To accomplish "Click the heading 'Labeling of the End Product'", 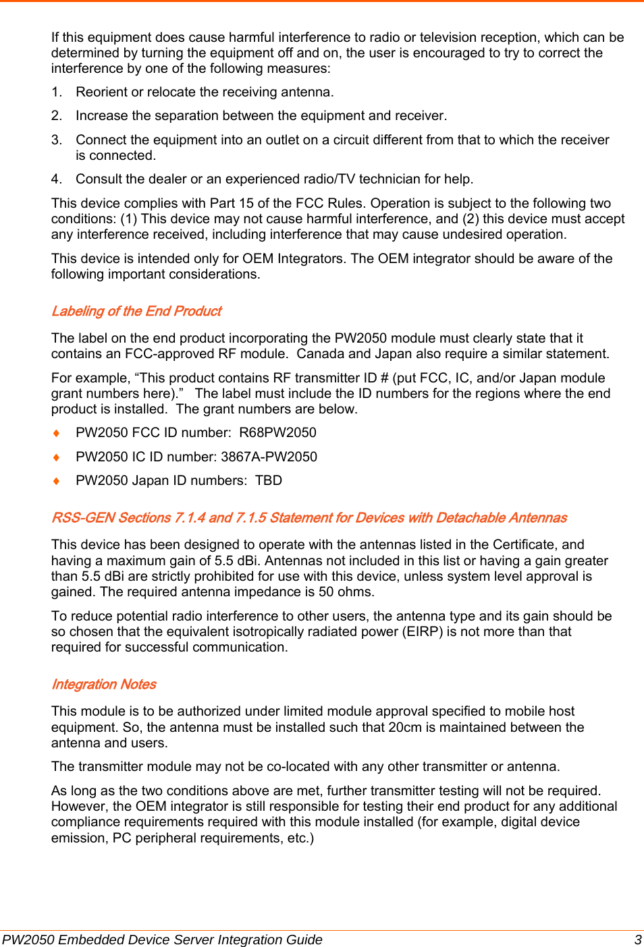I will point(136,311).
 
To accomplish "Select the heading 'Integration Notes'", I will point(104,685).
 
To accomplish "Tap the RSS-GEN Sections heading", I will point(308,518).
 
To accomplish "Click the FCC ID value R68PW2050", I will point(277,433).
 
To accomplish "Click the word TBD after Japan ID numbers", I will point(269,481).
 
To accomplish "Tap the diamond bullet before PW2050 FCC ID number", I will point(57,433).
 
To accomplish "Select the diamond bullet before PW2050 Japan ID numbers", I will point(57,481).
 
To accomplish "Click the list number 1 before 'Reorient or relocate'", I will point(56,92).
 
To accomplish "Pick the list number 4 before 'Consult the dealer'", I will point(56,179).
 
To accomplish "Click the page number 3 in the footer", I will point(637,940).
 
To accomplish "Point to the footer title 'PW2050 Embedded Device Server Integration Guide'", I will point(162,940).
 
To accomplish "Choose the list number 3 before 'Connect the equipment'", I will point(56,140).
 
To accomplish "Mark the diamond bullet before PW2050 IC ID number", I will point(57,457).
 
